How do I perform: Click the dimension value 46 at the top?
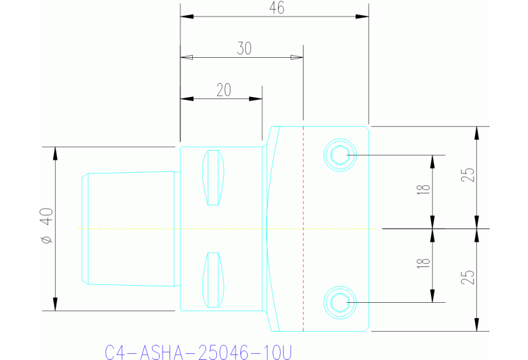(x=277, y=8)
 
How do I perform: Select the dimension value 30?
(x=244, y=48)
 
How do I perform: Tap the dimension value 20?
(x=223, y=89)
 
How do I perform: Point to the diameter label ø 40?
(x=46, y=228)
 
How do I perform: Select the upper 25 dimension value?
(x=468, y=176)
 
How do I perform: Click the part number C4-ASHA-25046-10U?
(x=198, y=352)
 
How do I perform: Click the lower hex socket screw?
(x=339, y=301)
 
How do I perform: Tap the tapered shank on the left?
(x=127, y=228)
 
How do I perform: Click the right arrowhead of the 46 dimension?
(x=363, y=17)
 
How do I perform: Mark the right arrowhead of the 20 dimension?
(x=257, y=99)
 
